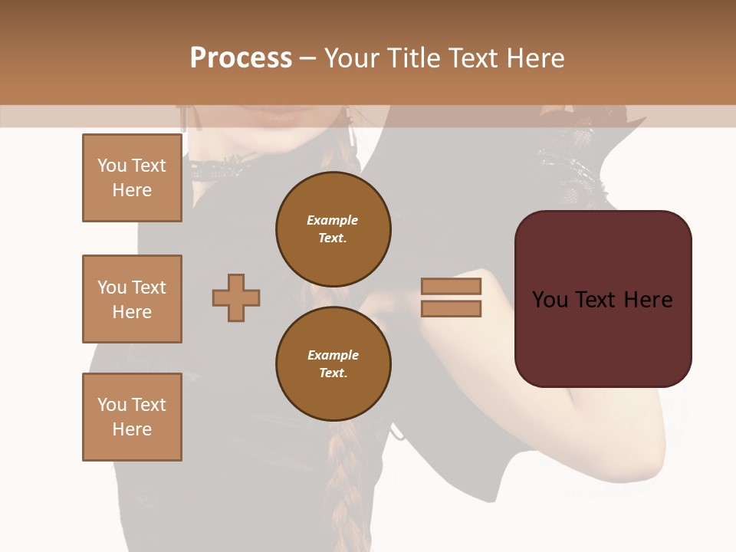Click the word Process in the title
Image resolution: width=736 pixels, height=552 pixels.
(x=241, y=58)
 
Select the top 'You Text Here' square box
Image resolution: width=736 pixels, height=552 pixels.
(x=132, y=178)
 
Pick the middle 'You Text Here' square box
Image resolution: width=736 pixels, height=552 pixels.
(x=132, y=299)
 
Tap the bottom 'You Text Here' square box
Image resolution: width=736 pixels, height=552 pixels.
(x=132, y=417)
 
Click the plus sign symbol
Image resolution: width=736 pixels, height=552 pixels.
(x=236, y=297)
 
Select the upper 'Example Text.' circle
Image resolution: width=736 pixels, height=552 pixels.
(x=333, y=228)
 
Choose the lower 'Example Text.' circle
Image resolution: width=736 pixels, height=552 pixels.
(x=333, y=363)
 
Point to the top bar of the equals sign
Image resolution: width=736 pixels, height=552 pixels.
(x=451, y=286)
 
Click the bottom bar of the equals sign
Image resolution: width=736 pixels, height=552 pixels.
(x=451, y=308)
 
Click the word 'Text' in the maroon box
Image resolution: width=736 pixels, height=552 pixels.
(x=600, y=300)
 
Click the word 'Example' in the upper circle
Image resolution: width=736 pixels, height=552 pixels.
(x=333, y=220)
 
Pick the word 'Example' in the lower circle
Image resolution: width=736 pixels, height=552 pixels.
(x=333, y=355)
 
